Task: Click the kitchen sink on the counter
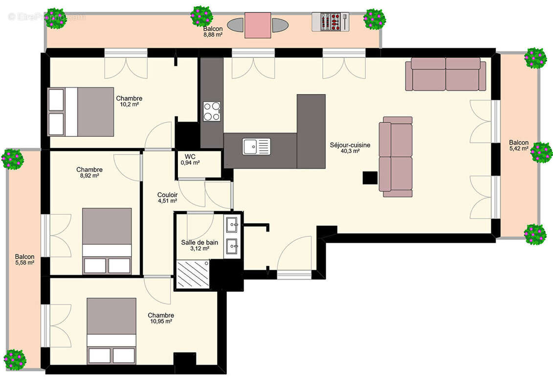pyautogui.click(x=256, y=146)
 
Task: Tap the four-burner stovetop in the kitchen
pyautogui.click(x=212, y=111)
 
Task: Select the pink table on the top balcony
pyautogui.click(x=258, y=25)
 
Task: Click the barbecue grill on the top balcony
pyautogui.click(x=331, y=22)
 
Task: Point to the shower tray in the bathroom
pyautogui.click(x=193, y=274)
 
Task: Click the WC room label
pyautogui.click(x=190, y=156)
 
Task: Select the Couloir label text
pyautogui.click(x=168, y=195)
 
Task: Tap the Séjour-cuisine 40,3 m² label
pyautogui.click(x=350, y=148)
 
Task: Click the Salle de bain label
pyautogui.click(x=199, y=242)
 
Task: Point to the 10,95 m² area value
pyautogui.click(x=161, y=321)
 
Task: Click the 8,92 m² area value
pyautogui.click(x=89, y=175)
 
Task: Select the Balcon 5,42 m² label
pyautogui.click(x=519, y=145)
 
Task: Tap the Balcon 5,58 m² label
pyautogui.click(x=24, y=260)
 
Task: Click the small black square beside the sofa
pyautogui.click(x=370, y=178)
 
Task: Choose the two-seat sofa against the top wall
pyautogui.click(x=446, y=74)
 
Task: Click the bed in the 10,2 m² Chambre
pyautogui.click(x=81, y=112)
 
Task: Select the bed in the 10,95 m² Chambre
pyautogui.click(x=111, y=331)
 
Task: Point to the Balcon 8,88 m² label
pyautogui.click(x=213, y=31)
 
